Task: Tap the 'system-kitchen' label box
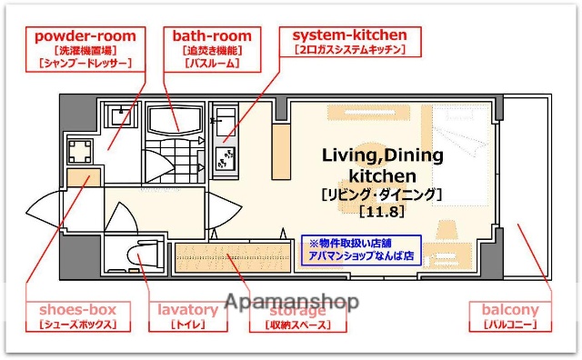pos(349,43)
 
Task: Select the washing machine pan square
pos(79,150)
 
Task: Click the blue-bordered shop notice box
pos(362,250)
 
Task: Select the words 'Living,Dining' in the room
pos(382,155)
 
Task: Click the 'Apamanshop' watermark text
pos(291,301)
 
